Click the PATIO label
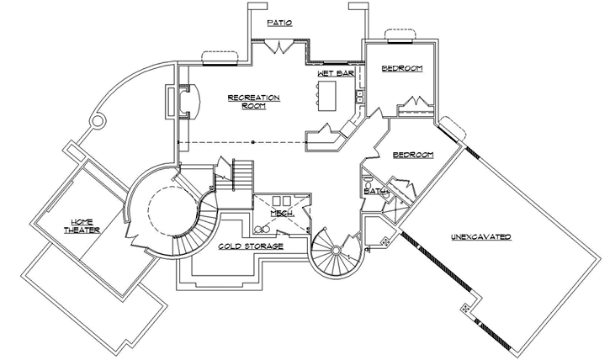coord(279,23)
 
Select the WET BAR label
coord(333,74)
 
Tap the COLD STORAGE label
coord(250,247)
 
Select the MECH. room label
coord(281,214)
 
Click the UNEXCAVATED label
coord(481,238)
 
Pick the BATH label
coord(375,193)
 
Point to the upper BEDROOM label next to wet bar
coord(401,68)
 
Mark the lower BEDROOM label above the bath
coord(412,156)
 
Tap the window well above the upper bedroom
coord(401,34)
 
